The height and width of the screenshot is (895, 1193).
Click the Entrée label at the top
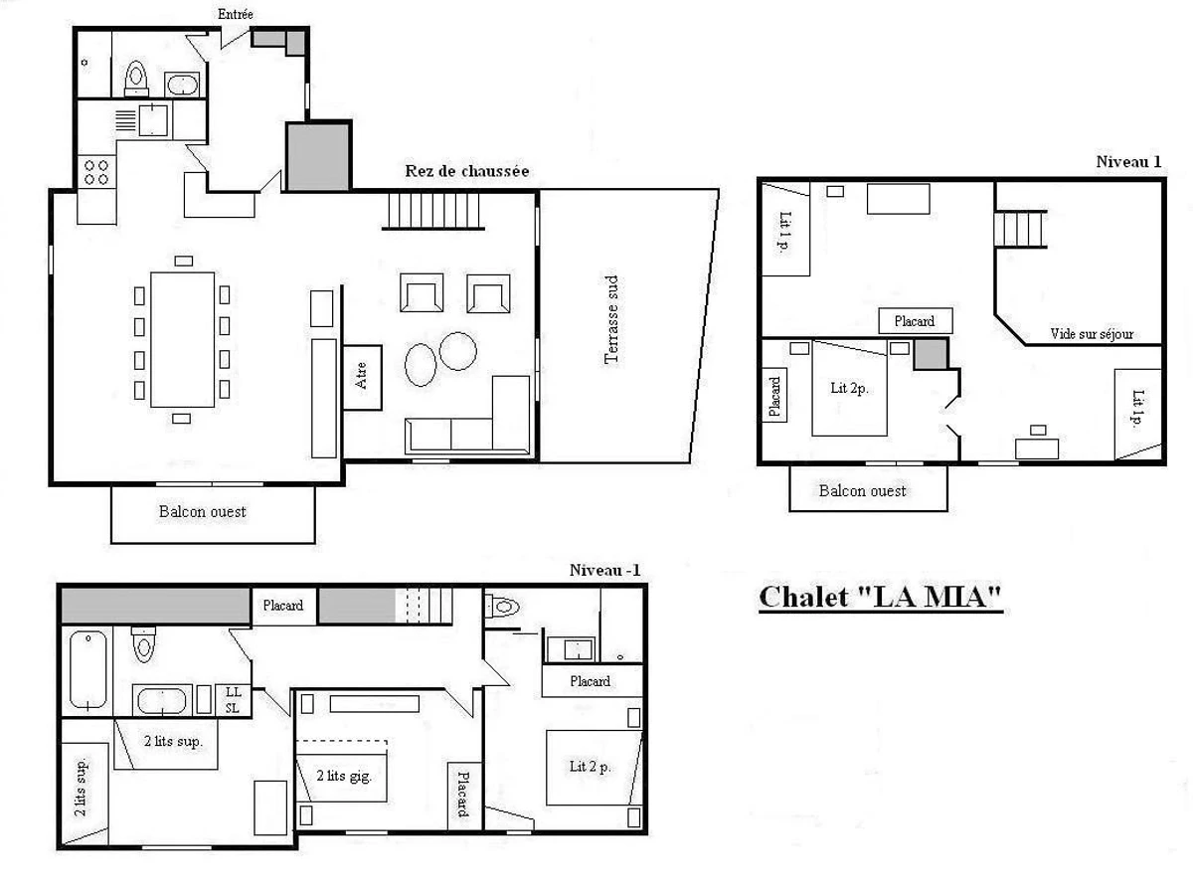tap(236, 14)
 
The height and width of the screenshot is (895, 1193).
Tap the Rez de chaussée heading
tap(467, 171)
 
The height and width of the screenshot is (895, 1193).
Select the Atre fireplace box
tap(362, 377)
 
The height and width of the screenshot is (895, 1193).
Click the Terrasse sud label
tap(612, 319)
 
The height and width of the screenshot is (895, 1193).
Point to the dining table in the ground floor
tap(183, 340)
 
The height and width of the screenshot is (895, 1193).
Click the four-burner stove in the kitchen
tap(96, 172)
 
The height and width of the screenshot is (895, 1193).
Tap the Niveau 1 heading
tap(1128, 162)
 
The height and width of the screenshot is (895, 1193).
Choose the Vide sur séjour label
tap(1092, 334)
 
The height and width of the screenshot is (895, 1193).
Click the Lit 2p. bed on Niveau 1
tap(849, 388)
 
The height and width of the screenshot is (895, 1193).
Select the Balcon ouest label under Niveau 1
tap(863, 490)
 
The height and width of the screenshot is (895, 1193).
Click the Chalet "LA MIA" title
tap(881, 598)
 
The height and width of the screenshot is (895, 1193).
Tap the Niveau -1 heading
tap(604, 570)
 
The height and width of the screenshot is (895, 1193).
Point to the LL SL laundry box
tap(234, 700)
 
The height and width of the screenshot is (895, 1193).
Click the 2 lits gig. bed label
tap(344, 776)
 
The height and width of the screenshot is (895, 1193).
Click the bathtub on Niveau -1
tap(88, 669)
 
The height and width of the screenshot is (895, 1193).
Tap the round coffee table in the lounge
tap(457, 351)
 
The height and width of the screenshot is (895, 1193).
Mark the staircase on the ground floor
tap(433, 211)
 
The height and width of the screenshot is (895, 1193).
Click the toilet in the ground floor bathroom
tap(136, 79)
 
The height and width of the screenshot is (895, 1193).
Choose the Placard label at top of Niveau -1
tap(282, 606)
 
